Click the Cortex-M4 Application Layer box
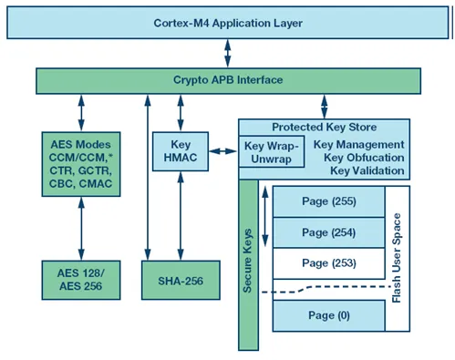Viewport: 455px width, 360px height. pos(228,23)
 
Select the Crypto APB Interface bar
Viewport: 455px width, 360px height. pos(228,81)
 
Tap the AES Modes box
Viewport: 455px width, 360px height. pos(81,164)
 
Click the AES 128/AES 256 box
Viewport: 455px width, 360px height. pos(81,280)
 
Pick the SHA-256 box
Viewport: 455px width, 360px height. pos(181,280)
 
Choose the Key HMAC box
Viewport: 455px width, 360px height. pos(181,151)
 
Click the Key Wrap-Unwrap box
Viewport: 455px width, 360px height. pos(272,151)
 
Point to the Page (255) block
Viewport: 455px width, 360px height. pos(329,201)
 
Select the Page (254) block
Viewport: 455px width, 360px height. pos(329,232)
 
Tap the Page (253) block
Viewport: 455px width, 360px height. pos(329,263)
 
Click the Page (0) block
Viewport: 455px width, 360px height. pos(329,315)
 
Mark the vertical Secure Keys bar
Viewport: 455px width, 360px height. pos(248,265)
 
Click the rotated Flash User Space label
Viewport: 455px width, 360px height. pos(397,258)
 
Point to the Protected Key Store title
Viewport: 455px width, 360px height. pos(324,127)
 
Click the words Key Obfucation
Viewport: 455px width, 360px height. pos(364,158)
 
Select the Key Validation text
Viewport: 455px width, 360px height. pos(367,170)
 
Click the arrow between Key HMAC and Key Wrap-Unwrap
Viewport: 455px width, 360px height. pos(223,151)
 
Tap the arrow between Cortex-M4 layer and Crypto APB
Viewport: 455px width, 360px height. pos(227,53)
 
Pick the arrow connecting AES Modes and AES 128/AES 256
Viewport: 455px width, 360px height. pos(81,229)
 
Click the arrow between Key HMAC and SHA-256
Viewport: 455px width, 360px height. pos(181,216)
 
